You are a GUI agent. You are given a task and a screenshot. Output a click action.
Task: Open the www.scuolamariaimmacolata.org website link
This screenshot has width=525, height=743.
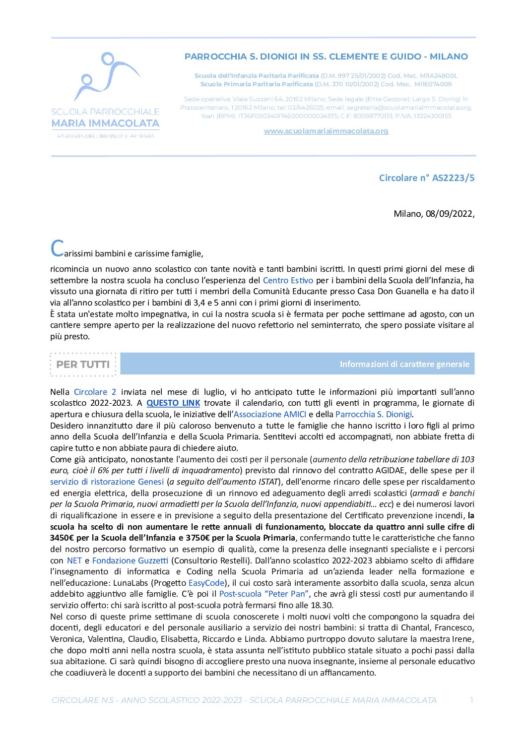click(326, 131)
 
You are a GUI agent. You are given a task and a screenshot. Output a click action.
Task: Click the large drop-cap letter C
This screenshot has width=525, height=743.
click(57, 248)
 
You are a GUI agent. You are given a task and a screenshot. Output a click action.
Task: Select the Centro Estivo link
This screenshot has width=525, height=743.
click(288, 280)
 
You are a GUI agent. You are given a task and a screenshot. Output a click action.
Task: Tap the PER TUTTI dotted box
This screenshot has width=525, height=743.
click(83, 364)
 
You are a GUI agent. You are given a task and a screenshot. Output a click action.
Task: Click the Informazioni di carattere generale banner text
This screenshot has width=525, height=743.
click(404, 364)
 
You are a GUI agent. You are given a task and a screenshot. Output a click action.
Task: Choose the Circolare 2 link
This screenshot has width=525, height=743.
click(95, 392)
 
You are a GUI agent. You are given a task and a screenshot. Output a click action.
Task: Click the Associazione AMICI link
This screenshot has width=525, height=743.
click(270, 414)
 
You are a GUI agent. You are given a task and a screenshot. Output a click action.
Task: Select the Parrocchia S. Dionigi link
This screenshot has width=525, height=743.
click(374, 414)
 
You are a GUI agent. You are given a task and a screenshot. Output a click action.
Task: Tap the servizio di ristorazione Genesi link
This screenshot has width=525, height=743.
click(107, 482)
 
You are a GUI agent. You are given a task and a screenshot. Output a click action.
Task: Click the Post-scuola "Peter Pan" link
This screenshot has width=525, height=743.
click(264, 594)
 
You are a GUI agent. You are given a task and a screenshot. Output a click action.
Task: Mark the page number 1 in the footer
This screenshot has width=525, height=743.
click(471, 700)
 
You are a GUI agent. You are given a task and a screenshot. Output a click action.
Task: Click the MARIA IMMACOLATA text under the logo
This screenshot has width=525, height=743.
click(105, 123)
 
